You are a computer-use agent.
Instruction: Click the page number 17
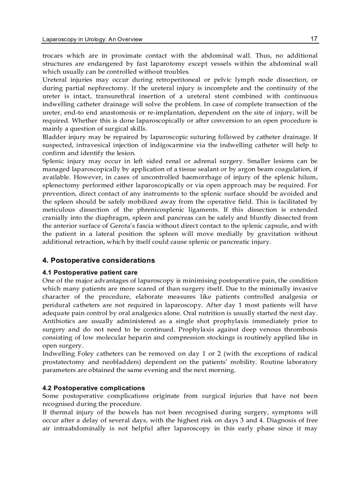pos(314,39)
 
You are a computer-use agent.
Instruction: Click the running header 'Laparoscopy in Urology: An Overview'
pos(92,40)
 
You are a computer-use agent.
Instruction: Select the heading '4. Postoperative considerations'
pos(98,261)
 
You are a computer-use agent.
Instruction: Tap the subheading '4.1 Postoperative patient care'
pos(90,272)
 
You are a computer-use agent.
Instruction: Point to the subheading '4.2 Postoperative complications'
pos(94,388)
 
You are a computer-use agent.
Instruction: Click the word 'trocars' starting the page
pos(52,56)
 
